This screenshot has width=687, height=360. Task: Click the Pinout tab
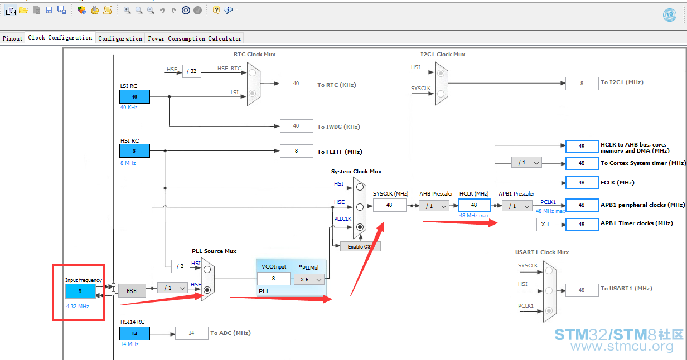[13, 38]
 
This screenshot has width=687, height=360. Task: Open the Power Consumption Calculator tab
[195, 38]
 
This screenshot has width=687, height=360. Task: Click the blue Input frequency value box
[80, 291]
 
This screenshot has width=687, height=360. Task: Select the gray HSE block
[132, 291]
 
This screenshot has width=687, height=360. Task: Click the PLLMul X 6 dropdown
[309, 279]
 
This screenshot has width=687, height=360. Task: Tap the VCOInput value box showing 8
[274, 279]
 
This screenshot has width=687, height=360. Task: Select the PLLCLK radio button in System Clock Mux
[360, 227]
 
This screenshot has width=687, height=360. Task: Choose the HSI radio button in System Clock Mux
[360, 187]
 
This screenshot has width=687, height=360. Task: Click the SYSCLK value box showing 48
[389, 205]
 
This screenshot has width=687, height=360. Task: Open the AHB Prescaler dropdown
[434, 206]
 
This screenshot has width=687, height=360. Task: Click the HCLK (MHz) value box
[474, 205]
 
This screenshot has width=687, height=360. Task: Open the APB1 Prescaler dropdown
[517, 206]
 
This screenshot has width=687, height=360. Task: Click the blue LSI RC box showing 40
[134, 97]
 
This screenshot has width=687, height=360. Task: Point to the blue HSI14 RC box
[134, 333]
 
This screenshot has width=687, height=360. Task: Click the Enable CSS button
[360, 246]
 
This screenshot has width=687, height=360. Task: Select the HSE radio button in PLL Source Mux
[207, 290]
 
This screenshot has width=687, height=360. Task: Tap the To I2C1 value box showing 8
[582, 84]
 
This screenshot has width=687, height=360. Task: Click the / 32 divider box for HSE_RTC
[192, 71]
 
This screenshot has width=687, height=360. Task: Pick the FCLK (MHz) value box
[582, 183]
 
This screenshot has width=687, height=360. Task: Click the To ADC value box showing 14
[192, 333]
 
